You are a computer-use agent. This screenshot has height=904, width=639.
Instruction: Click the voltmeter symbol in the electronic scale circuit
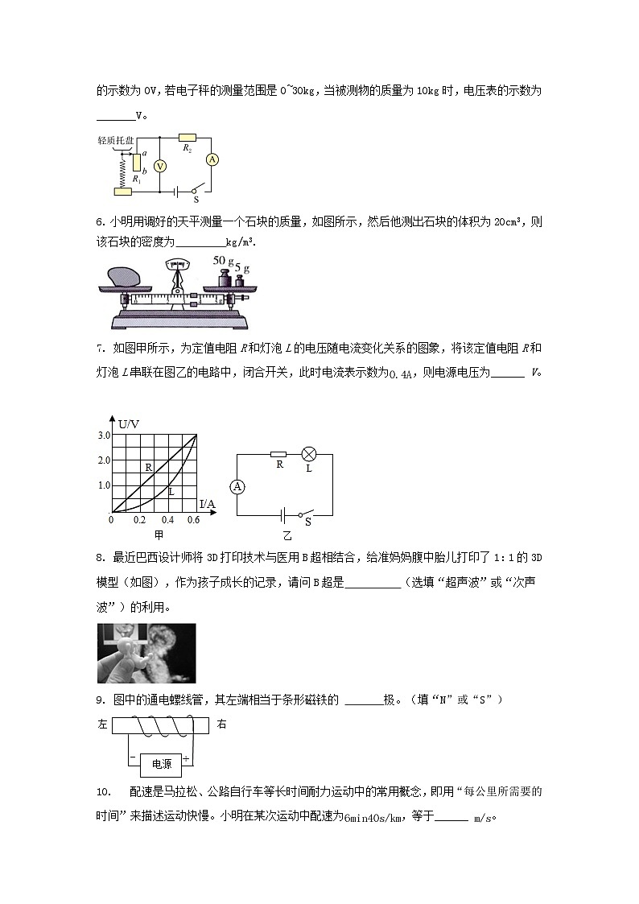[x=159, y=165]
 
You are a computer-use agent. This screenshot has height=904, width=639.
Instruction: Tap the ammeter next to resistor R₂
[x=212, y=159]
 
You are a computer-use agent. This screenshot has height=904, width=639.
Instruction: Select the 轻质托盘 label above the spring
[x=114, y=140]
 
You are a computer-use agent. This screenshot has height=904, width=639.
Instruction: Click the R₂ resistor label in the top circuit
[x=187, y=148]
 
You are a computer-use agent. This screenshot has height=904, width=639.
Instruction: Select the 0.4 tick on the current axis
[x=167, y=521]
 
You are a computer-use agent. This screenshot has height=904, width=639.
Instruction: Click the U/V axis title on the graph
[x=129, y=423]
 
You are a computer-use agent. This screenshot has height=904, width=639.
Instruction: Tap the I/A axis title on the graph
[x=207, y=504]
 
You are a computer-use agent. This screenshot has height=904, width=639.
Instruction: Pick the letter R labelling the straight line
[x=148, y=467]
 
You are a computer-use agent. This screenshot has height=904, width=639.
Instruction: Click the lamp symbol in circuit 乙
[x=308, y=453]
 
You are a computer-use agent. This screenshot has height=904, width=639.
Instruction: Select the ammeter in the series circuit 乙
[x=237, y=486]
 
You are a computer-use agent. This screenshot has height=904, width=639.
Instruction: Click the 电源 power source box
[x=161, y=764]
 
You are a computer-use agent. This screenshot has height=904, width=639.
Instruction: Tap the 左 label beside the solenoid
[x=102, y=724]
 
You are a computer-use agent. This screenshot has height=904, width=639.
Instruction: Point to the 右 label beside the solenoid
[x=222, y=724]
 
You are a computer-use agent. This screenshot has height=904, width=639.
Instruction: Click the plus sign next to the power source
[x=186, y=758]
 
